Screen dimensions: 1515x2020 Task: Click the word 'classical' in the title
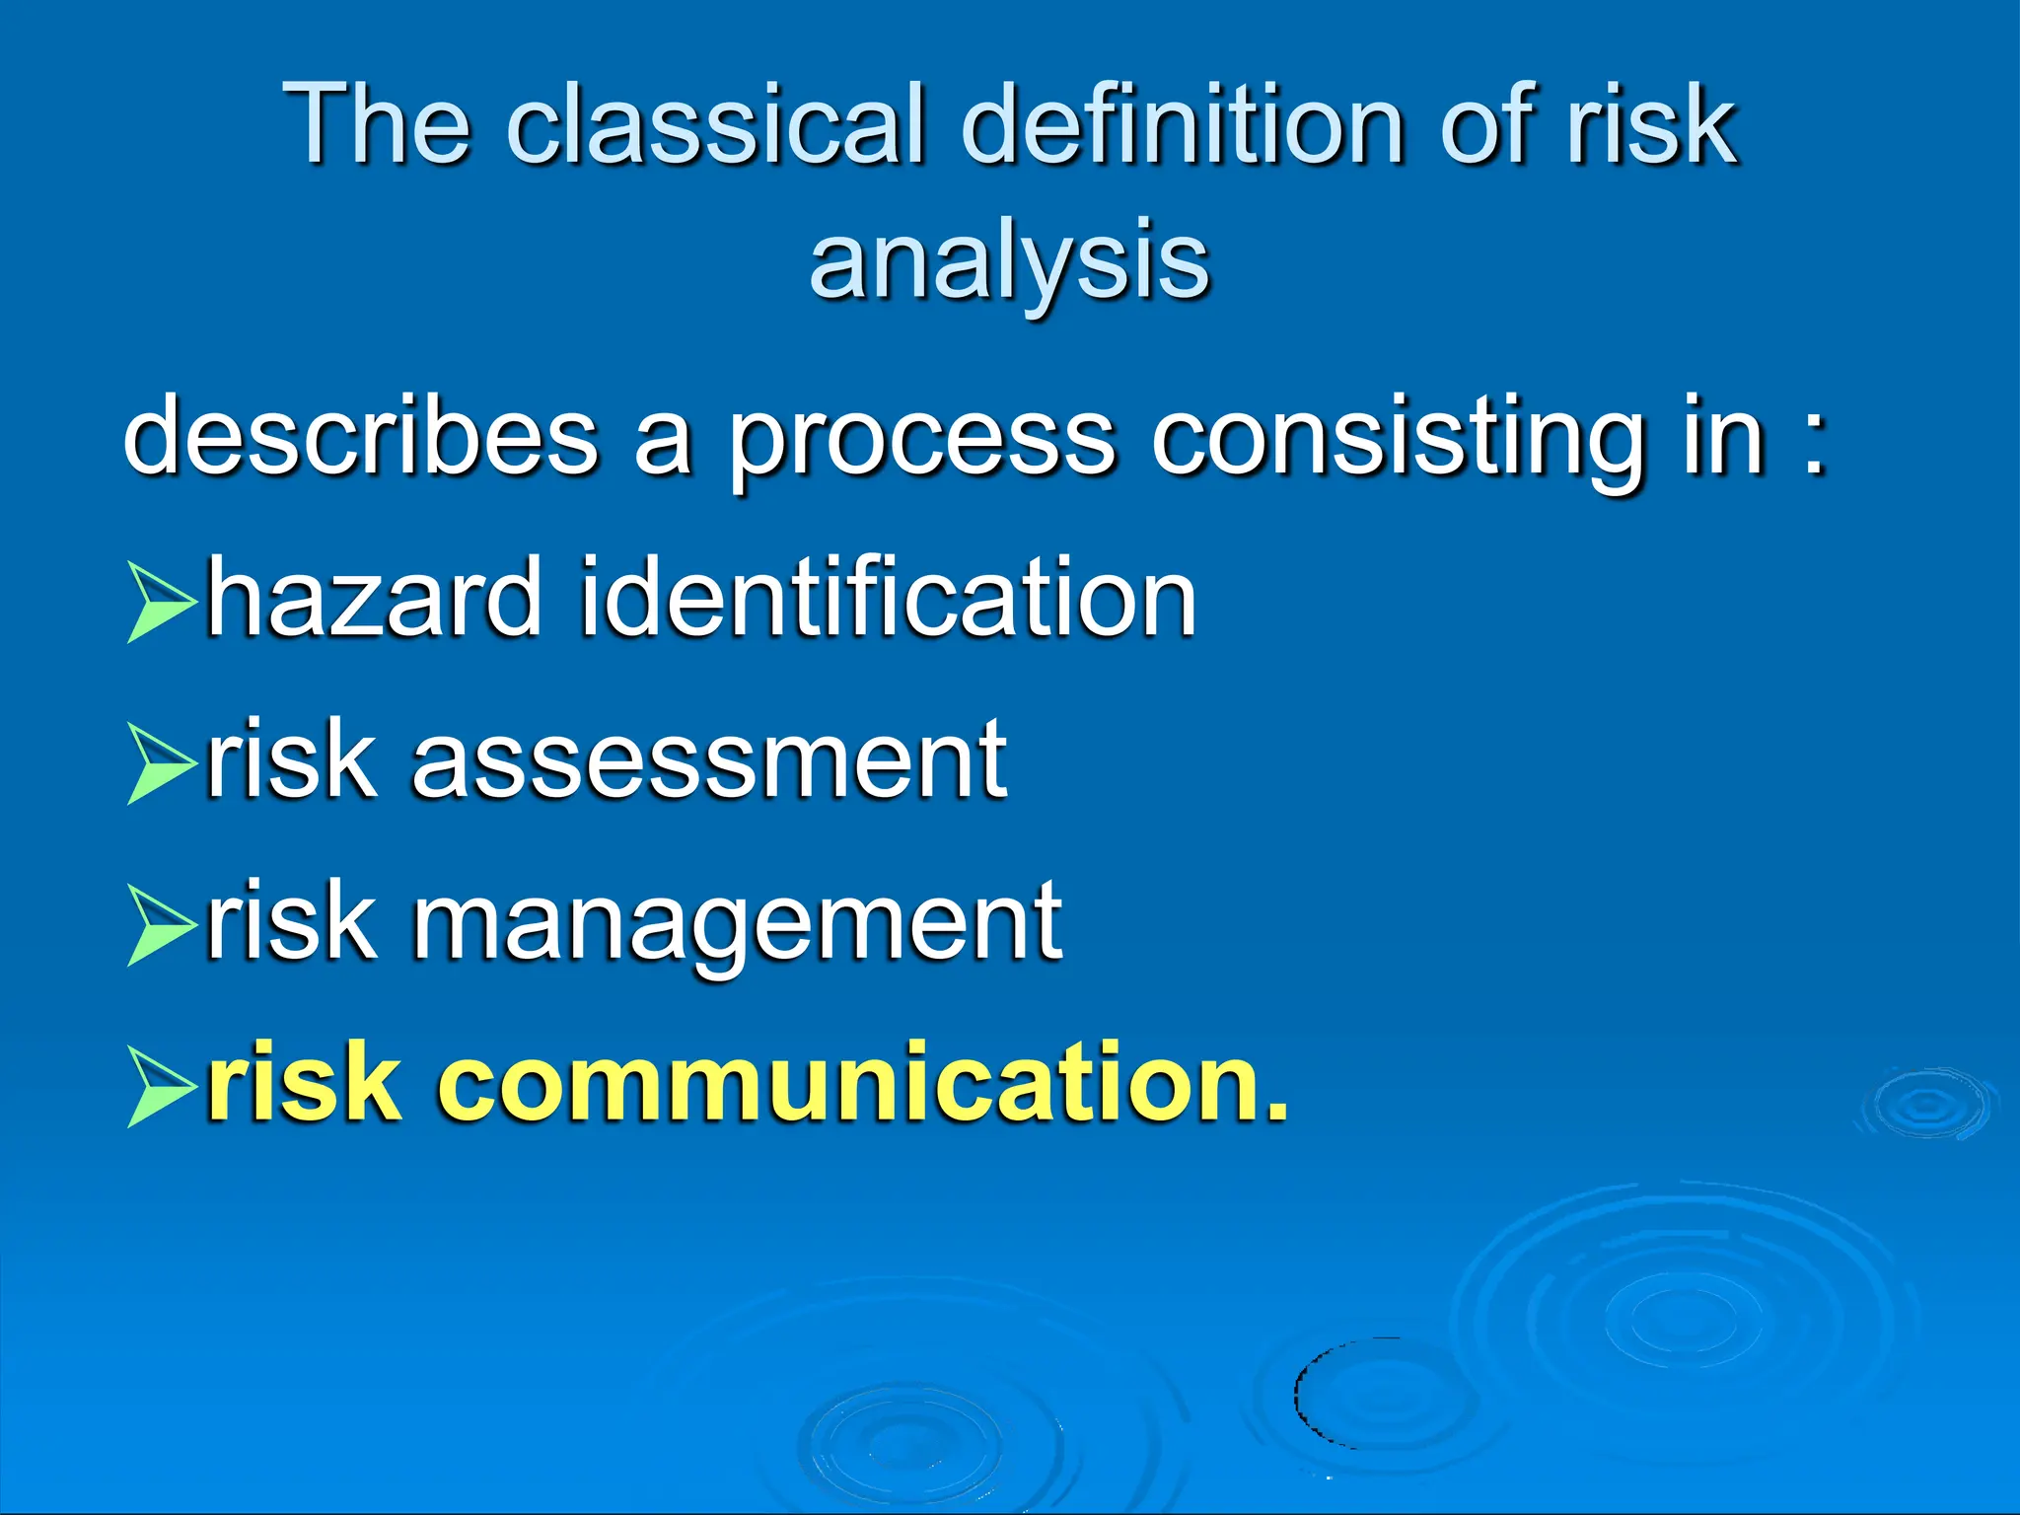(x=716, y=125)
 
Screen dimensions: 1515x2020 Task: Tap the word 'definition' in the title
(x=1182, y=125)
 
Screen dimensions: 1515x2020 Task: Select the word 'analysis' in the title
(x=1009, y=259)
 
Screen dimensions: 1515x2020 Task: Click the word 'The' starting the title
(x=377, y=125)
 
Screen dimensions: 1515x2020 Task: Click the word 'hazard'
(x=375, y=597)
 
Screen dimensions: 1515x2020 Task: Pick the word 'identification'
(x=888, y=597)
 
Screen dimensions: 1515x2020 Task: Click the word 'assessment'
(x=708, y=760)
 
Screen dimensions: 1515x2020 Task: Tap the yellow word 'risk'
(x=304, y=1082)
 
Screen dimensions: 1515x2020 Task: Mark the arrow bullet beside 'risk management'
(x=158, y=925)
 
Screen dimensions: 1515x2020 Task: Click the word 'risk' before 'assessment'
(x=292, y=760)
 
